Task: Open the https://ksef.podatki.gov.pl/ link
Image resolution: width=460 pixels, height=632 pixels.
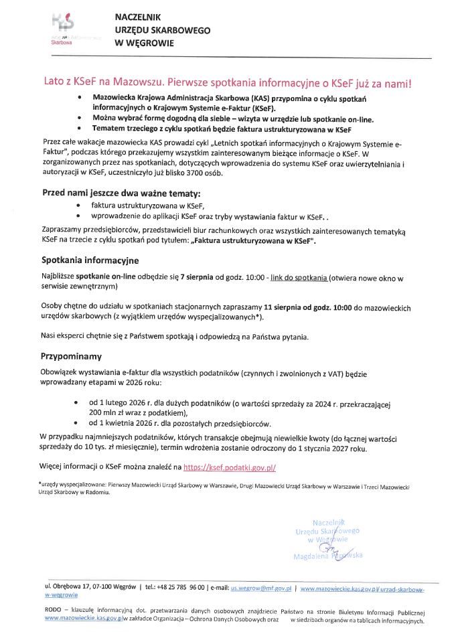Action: (x=229, y=467)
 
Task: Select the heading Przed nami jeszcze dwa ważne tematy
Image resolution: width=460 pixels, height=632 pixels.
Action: (x=121, y=193)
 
